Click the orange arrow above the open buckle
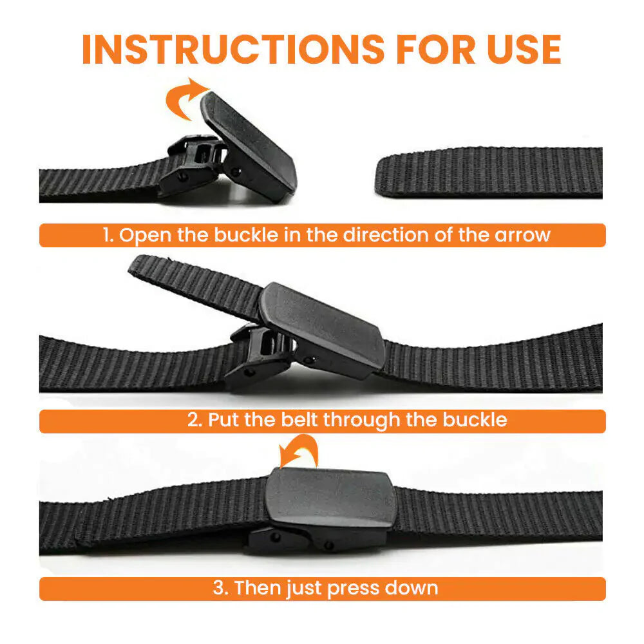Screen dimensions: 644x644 pos(185,98)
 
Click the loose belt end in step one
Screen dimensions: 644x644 pos(489,172)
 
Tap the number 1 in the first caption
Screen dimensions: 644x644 pos(108,235)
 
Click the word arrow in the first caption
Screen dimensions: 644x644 pos(522,235)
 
